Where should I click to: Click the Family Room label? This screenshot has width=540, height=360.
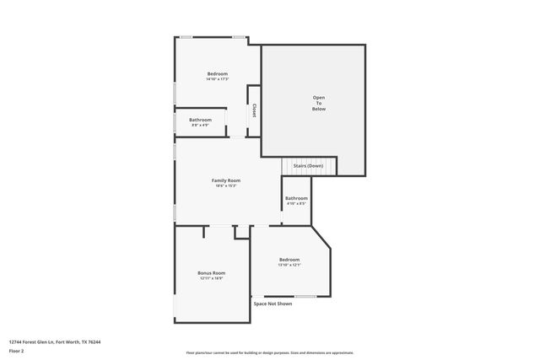pyautogui.click(x=226, y=180)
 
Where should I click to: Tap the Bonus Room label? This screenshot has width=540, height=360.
pyautogui.click(x=212, y=273)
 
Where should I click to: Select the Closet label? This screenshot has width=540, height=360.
pyautogui.click(x=253, y=110)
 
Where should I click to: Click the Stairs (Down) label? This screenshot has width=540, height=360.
pyautogui.click(x=308, y=166)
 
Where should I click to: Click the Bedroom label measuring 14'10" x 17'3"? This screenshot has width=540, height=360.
pyautogui.click(x=217, y=74)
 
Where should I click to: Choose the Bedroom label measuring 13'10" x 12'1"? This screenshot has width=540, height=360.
pyautogui.click(x=289, y=260)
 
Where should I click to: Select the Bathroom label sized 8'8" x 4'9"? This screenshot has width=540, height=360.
pyautogui.click(x=200, y=120)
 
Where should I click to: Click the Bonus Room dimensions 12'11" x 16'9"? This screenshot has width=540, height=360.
pyautogui.click(x=212, y=278)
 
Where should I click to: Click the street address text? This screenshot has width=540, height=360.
pyautogui.click(x=55, y=341)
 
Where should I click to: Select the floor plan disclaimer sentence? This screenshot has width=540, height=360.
pyautogui.click(x=269, y=352)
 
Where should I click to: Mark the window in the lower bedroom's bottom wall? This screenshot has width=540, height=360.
pyautogui.click(x=305, y=296)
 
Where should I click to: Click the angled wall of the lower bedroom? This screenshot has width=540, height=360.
pyautogui.click(x=321, y=237)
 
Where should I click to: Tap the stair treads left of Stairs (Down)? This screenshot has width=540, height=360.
pyautogui.click(x=285, y=167)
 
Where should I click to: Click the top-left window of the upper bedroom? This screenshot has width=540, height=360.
pyautogui.click(x=186, y=37)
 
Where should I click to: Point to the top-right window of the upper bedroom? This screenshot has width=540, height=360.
pyautogui.click(x=240, y=37)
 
